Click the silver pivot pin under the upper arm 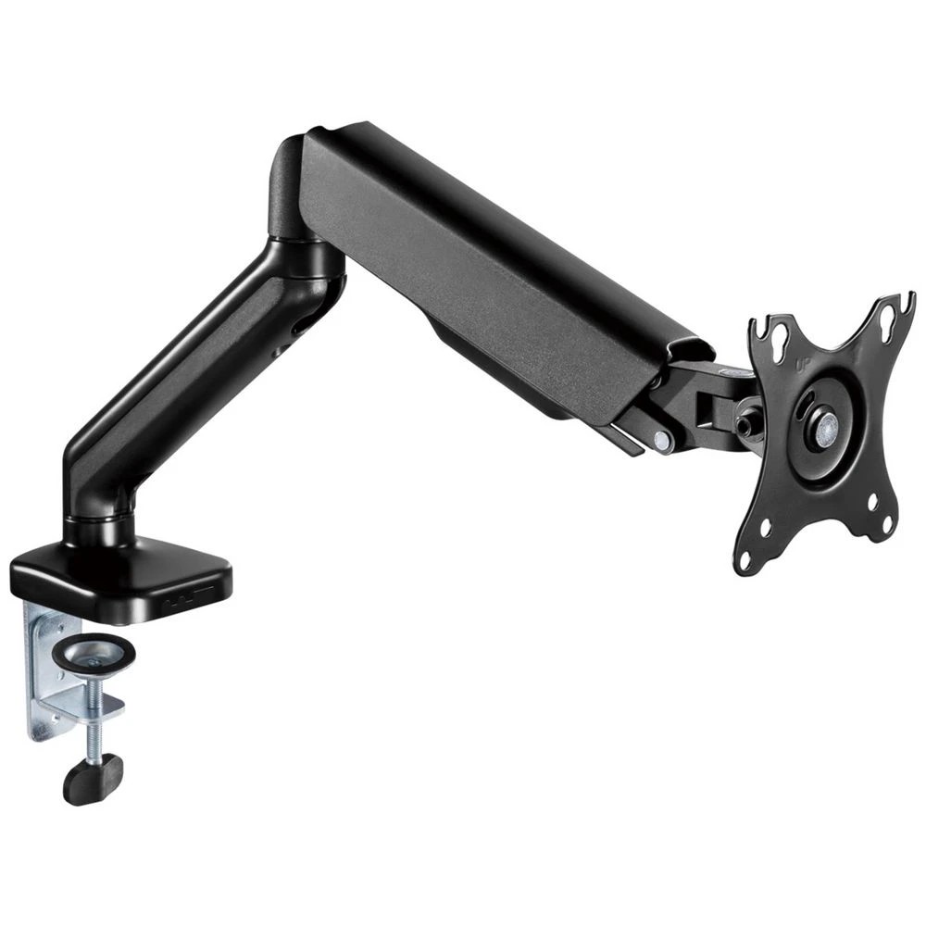(x=663, y=440)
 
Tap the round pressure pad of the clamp (x=94, y=653)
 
